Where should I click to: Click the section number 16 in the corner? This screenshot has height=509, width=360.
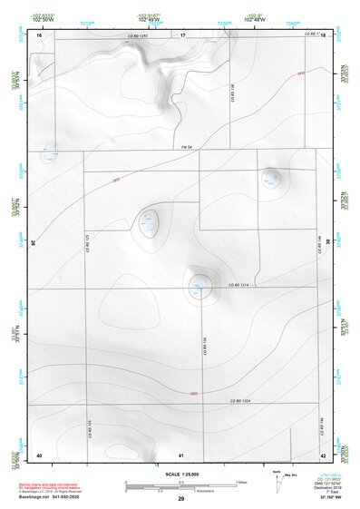40,34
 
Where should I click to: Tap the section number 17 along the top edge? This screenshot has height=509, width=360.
182,34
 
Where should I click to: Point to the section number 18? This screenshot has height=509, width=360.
323,34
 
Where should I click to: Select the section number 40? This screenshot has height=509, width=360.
39,454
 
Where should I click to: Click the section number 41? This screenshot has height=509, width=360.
181,454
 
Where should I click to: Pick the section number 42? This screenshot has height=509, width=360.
323,454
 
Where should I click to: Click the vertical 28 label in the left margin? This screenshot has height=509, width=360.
33,242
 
